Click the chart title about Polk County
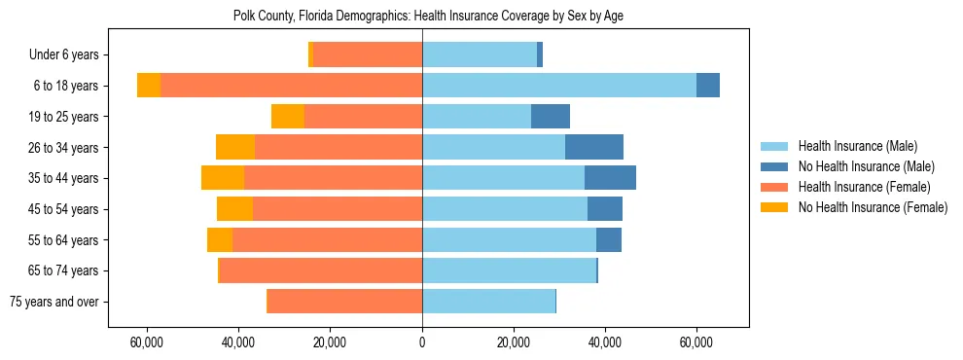421,16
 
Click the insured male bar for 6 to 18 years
559,86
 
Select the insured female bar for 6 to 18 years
292,86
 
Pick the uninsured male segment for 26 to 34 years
594,147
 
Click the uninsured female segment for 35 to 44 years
223,178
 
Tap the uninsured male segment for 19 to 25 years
551,117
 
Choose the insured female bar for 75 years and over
344,302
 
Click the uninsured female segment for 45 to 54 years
234,209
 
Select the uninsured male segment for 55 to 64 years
609,239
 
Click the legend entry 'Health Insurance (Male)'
857,147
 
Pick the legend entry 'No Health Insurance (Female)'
873,207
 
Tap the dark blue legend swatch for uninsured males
774,167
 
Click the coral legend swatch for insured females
774,187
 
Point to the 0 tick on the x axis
422,342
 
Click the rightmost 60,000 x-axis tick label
696,342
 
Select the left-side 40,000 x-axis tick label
238,342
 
